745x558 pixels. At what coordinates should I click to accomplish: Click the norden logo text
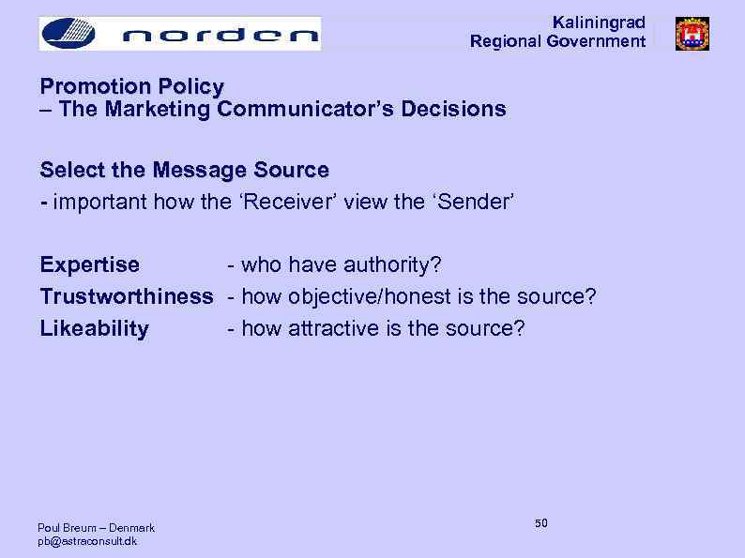220,35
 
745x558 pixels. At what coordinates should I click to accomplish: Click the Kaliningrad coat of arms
692,34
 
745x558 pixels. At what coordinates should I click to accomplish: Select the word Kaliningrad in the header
599,23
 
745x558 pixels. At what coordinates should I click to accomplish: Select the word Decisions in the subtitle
453,110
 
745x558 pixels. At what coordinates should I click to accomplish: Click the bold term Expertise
89,265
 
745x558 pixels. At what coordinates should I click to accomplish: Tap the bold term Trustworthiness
126,297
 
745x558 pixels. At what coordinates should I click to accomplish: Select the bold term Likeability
94,329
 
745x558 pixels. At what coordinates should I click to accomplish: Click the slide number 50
541,522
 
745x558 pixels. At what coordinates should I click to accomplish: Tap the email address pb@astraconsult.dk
87,541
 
